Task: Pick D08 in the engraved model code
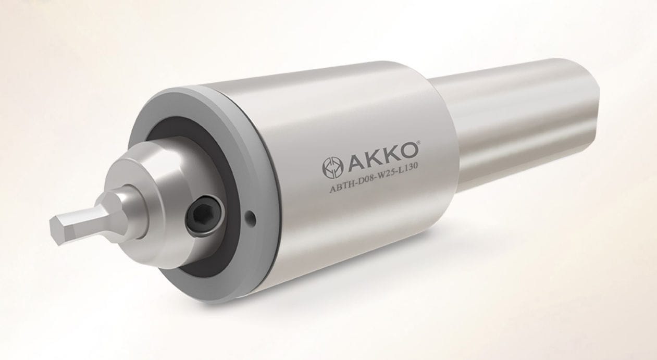point(363,179)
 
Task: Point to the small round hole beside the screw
point(252,215)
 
